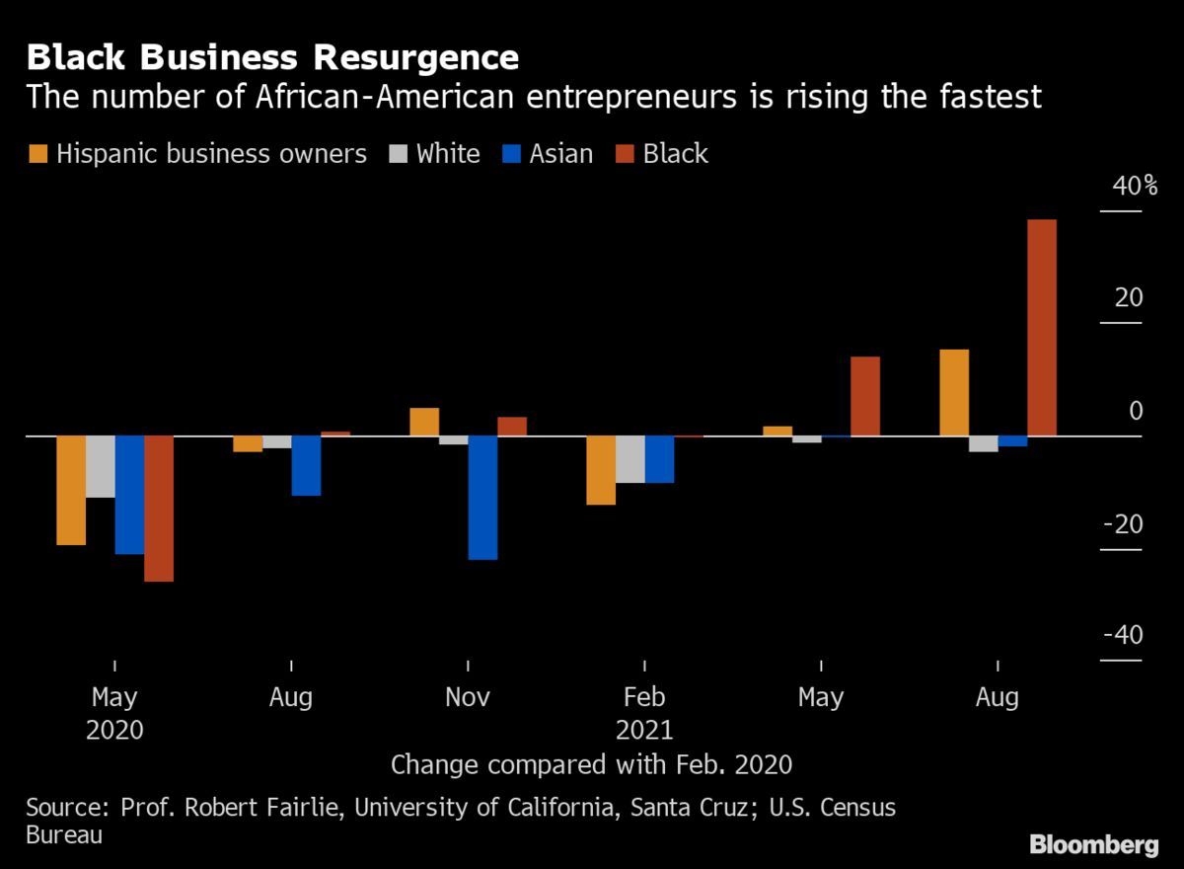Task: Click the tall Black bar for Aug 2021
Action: (x=1042, y=327)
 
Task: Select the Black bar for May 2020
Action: (x=159, y=508)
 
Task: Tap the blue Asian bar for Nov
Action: (x=482, y=497)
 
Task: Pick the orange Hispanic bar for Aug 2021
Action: (x=954, y=392)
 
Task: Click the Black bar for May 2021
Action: (x=865, y=395)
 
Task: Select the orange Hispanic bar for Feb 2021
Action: (x=601, y=469)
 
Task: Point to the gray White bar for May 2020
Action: (x=100, y=466)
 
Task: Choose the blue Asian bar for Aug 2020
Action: (x=306, y=465)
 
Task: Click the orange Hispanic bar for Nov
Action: (x=424, y=422)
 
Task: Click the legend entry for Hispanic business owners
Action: (x=197, y=154)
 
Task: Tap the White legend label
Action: (x=448, y=154)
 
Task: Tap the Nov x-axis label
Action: (x=468, y=698)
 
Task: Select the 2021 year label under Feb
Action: (x=643, y=731)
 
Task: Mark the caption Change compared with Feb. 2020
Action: (x=592, y=764)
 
